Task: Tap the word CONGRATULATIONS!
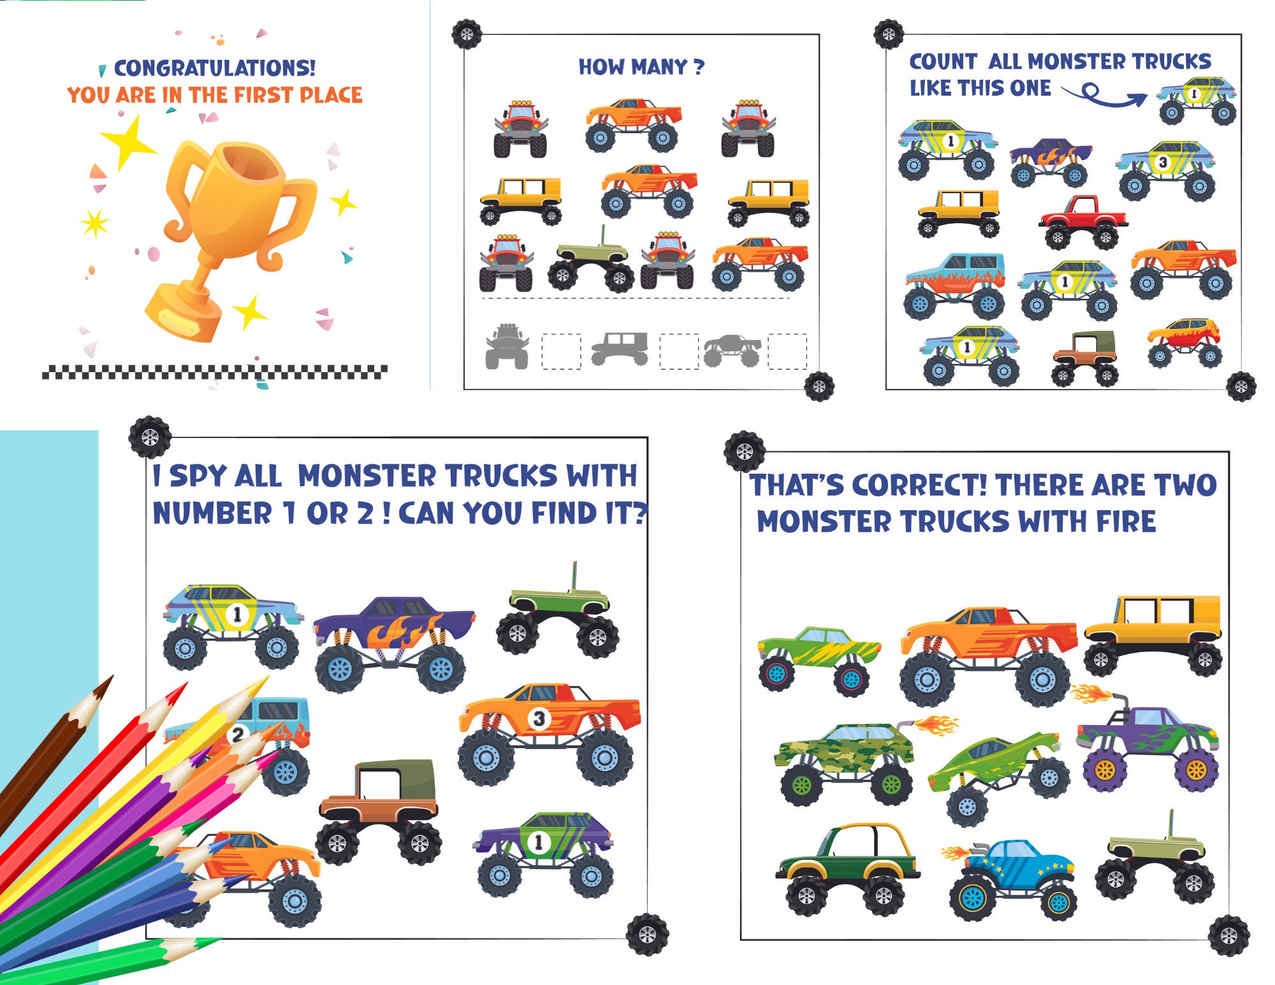[214, 68]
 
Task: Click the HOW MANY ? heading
[641, 66]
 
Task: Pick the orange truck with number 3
[548, 730]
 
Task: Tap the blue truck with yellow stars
[1014, 877]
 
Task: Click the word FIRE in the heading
[1125, 522]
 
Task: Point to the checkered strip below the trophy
[214, 372]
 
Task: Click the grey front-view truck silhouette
[507, 347]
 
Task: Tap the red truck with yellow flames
[1184, 340]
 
